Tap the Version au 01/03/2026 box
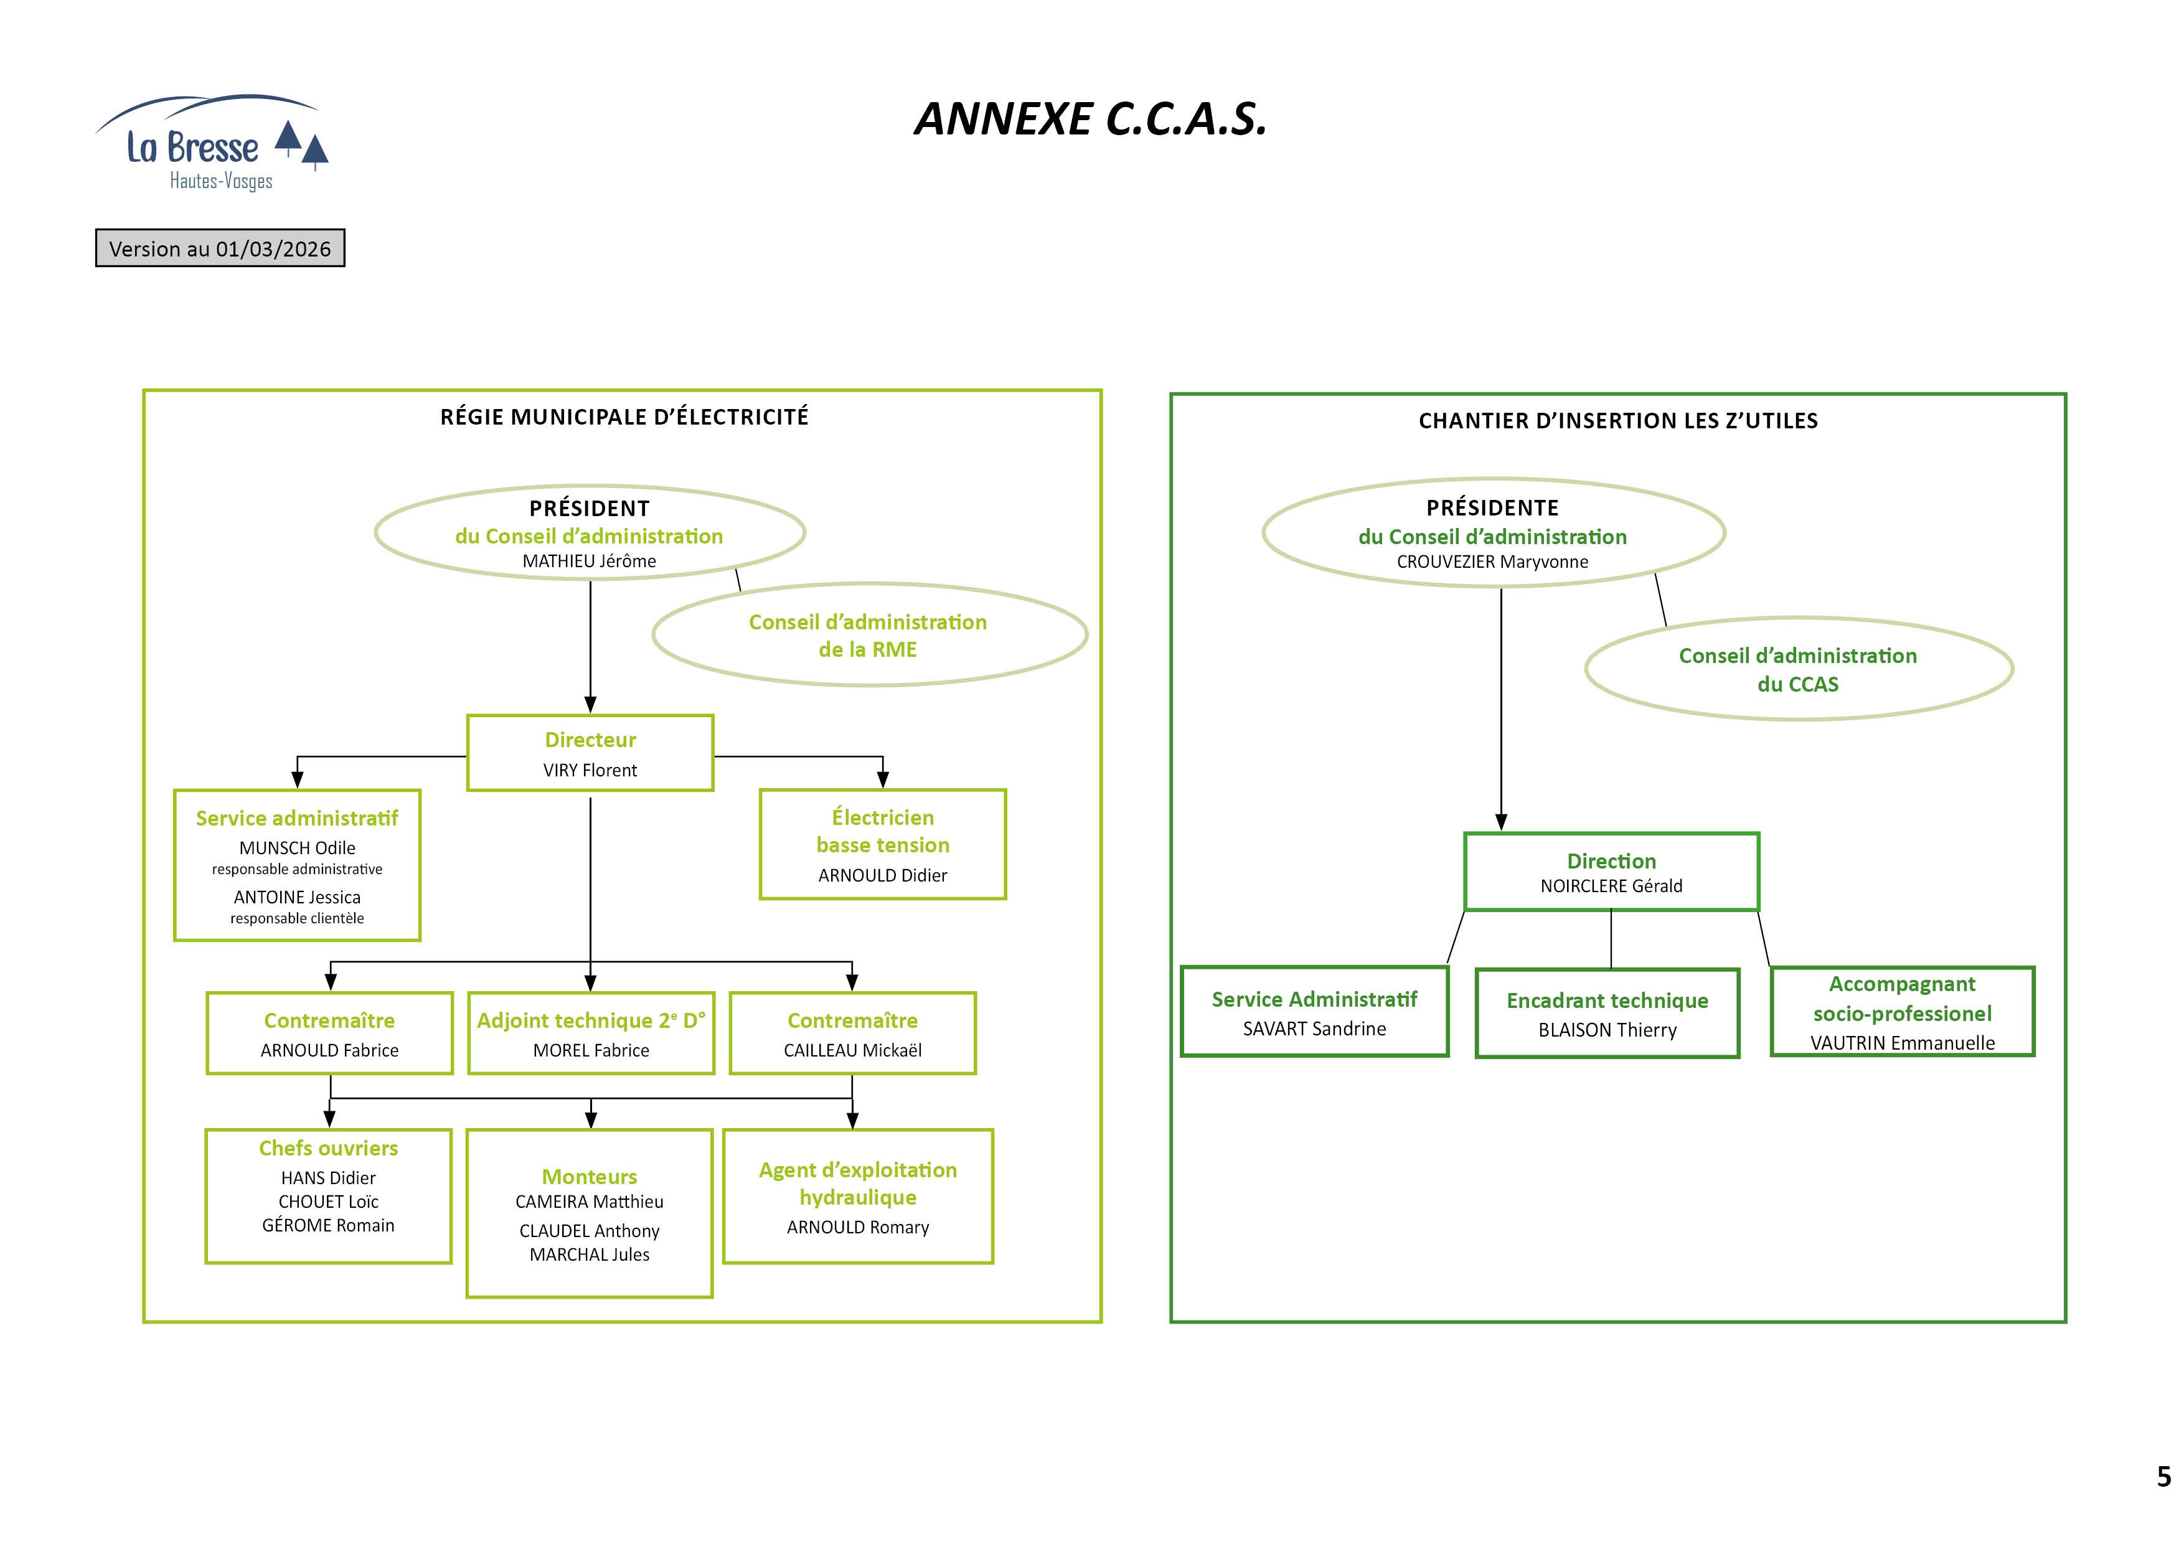point(220,248)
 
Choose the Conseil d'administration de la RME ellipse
point(868,634)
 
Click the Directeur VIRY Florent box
point(590,753)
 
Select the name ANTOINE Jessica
point(297,897)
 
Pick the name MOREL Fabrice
point(591,1050)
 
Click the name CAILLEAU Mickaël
point(852,1050)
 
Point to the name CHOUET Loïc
point(328,1202)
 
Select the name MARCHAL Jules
point(589,1254)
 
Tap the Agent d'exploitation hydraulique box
point(858,1197)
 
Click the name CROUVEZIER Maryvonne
point(1492,562)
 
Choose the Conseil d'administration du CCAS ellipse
point(1798,669)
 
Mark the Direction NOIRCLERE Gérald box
point(1611,872)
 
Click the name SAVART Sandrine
point(1315,1029)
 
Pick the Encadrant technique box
point(1607,1013)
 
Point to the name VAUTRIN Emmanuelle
point(1903,1043)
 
